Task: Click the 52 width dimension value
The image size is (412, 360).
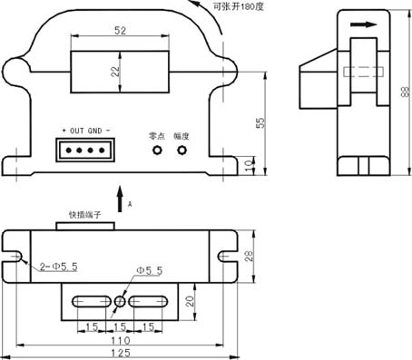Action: pos(120,31)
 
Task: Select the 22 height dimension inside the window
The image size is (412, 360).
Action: pos(115,72)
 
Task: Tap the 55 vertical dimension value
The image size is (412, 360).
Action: pos(260,122)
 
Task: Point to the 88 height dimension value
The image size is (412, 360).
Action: pos(405,92)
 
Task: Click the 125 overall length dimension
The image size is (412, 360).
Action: pos(121,353)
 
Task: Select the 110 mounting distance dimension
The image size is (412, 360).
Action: pos(121,341)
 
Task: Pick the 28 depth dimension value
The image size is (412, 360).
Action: pos(249,256)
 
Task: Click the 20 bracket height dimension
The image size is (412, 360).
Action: pos(190,301)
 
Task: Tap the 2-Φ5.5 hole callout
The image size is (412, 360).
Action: pos(59,267)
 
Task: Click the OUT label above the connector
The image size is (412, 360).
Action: pos(77,131)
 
